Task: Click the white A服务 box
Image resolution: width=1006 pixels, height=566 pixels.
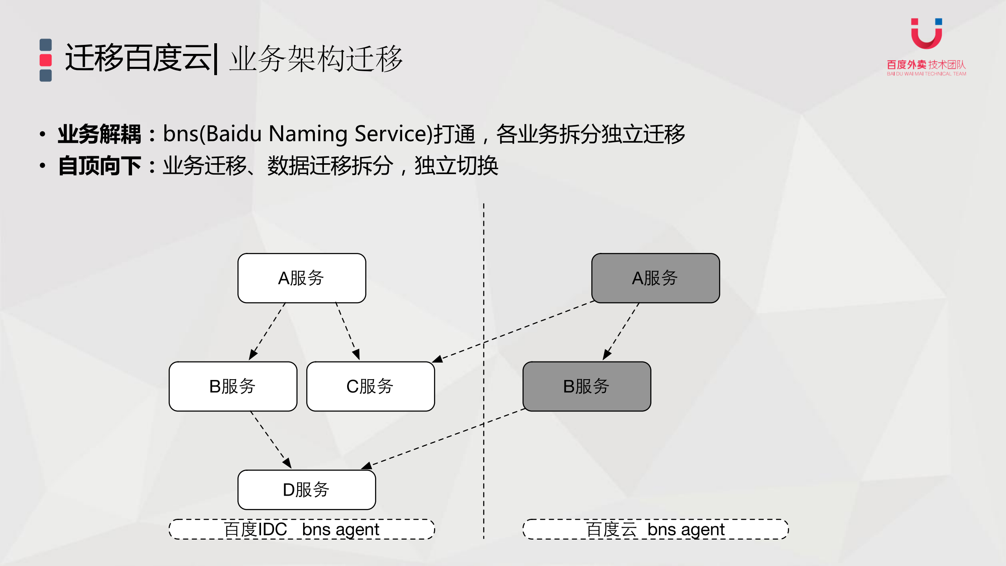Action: click(x=302, y=278)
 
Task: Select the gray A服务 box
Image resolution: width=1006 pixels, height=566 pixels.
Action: click(x=655, y=278)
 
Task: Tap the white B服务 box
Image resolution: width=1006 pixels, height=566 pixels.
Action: click(x=233, y=386)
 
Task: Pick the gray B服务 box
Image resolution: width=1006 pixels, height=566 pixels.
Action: click(x=587, y=386)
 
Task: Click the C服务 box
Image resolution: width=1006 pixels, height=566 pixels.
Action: click(x=370, y=386)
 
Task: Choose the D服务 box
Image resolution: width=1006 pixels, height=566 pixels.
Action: click(x=307, y=490)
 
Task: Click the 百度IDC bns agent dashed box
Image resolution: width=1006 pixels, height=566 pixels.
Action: click(x=302, y=529)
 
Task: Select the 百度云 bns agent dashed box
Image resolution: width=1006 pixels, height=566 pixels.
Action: click(x=655, y=529)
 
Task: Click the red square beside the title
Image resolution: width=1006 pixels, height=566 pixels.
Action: click(x=46, y=60)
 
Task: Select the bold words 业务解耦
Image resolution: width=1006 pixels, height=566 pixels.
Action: click(x=99, y=134)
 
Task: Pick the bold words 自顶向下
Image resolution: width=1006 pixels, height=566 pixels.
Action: click(x=99, y=166)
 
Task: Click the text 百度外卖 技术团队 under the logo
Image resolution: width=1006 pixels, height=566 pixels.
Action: click(x=926, y=65)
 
